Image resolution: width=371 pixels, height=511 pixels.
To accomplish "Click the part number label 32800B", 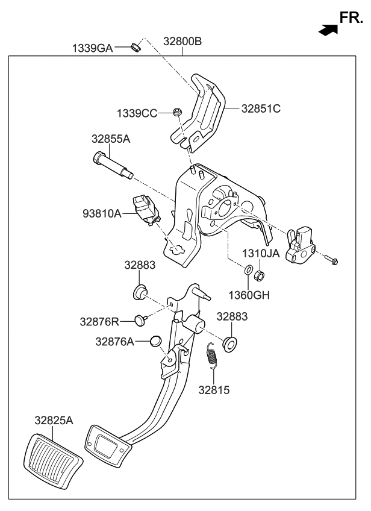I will click(x=182, y=42).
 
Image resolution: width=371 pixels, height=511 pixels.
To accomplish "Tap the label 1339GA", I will click(x=93, y=48).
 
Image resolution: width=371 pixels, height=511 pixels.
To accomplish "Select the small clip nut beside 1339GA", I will click(x=136, y=45).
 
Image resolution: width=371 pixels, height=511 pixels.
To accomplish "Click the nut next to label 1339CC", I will click(x=178, y=111).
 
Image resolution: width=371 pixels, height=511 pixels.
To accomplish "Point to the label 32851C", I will click(x=261, y=109).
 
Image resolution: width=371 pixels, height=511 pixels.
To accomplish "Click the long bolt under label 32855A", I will click(x=112, y=166).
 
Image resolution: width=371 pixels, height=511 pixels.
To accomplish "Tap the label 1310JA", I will click(x=261, y=253).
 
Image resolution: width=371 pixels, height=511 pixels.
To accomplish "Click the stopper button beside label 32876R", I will click(x=141, y=319).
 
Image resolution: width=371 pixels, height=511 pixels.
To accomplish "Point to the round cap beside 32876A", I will click(x=155, y=342).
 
